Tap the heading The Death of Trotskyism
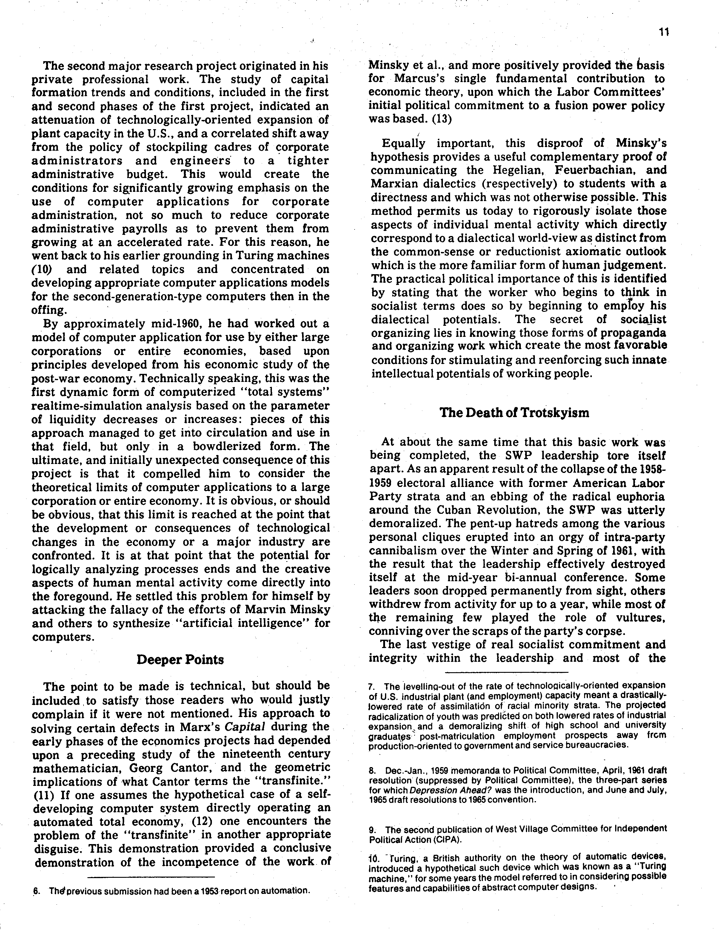(x=514, y=413)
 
